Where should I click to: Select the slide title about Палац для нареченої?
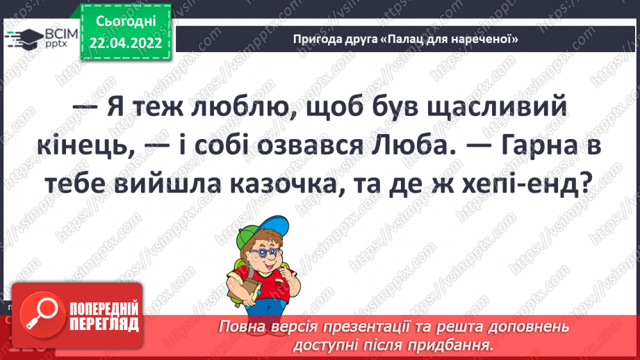(406, 39)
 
